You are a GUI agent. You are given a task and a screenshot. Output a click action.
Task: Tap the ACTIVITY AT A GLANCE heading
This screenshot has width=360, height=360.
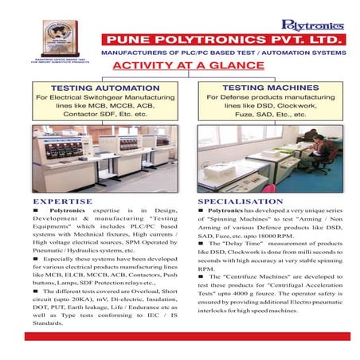tap(176, 66)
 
